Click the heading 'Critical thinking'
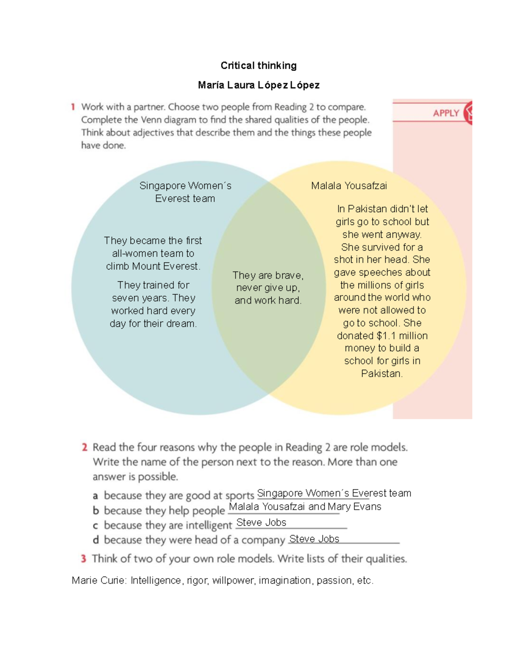(259, 66)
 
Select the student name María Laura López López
(259, 85)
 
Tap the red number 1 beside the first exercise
(73, 107)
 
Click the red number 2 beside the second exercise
(85, 447)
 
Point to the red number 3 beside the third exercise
(83, 559)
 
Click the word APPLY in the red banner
(446, 113)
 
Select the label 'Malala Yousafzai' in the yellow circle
(349, 186)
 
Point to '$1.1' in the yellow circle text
(386, 336)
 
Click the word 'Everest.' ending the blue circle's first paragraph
(183, 266)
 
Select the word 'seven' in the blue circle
(124, 298)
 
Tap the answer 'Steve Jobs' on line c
(261, 522)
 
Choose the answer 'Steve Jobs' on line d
(314, 539)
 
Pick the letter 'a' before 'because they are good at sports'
(95, 496)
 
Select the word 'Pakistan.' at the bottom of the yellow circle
(382, 373)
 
